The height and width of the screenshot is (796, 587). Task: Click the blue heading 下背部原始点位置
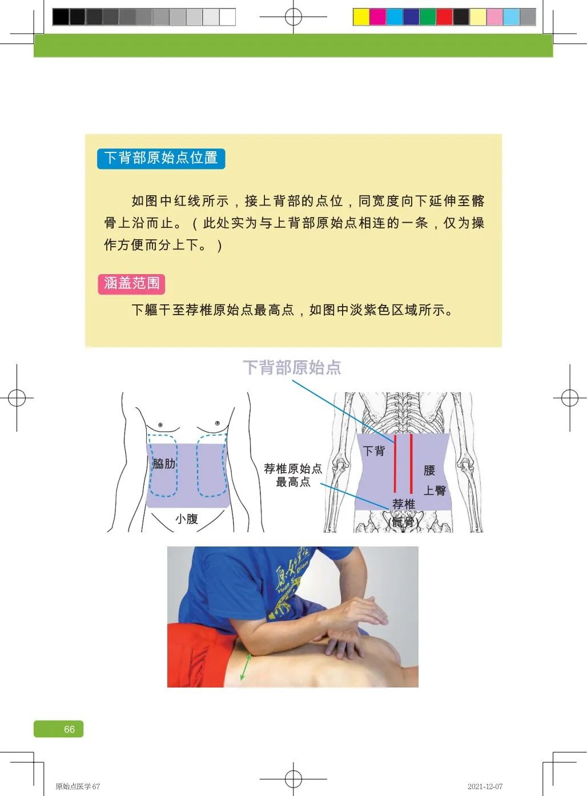pyautogui.click(x=161, y=158)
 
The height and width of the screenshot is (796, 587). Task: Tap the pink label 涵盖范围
pyautogui.click(x=131, y=283)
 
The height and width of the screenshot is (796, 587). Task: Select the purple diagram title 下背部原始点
pyautogui.click(x=292, y=367)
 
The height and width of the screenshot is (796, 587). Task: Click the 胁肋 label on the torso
pyautogui.click(x=163, y=464)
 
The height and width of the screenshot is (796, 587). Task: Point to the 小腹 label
pyautogui.click(x=187, y=518)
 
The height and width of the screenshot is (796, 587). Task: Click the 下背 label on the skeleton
pyautogui.click(x=373, y=451)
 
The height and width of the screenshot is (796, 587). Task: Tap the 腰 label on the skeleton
pyautogui.click(x=429, y=471)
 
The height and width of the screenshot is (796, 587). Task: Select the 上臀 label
pyautogui.click(x=435, y=491)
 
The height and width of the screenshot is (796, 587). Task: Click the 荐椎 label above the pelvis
pyautogui.click(x=403, y=504)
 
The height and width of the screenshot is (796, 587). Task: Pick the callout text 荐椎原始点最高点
pyautogui.click(x=293, y=475)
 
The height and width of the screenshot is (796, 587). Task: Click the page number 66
pyautogui.click(x=69, y=729)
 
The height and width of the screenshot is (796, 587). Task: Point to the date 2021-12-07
pyautogui.click(x=485, y=786)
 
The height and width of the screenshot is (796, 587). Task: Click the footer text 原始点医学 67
pyautogui.click(x=78, y=786)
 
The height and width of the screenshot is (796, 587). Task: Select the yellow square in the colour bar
pyautogui.click(x=361, y=17)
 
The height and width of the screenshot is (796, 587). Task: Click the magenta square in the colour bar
pyautogui.click(x=377, y=17)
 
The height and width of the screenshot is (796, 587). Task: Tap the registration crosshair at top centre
pyautogui.click(x=293, y=17)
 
